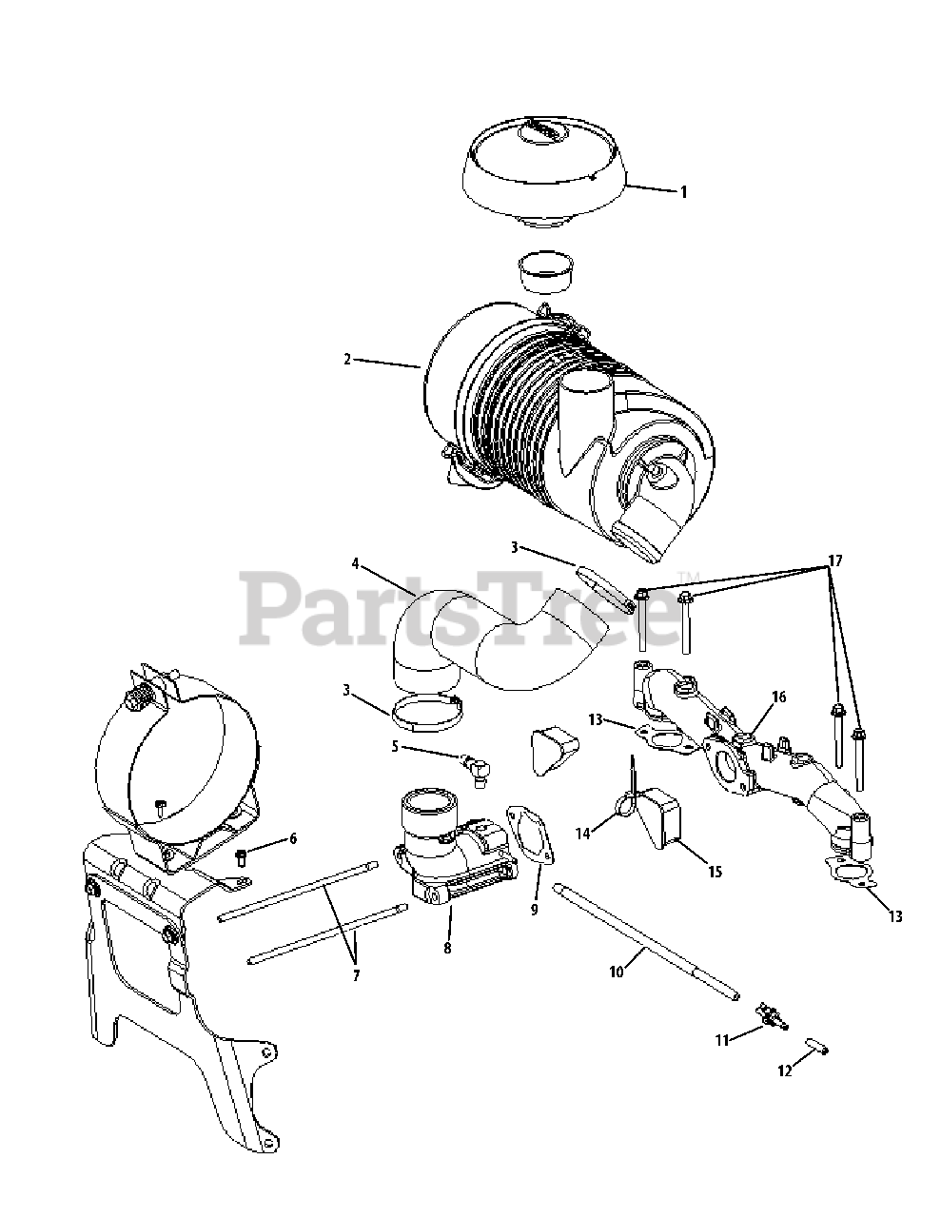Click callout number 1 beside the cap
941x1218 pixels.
[683, 192]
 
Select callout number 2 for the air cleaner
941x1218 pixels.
[347, 359]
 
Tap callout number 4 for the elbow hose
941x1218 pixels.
[355, 563]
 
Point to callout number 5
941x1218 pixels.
[395, 747]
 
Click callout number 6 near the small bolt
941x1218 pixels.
[292, 839]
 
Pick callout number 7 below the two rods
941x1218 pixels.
[356, 975]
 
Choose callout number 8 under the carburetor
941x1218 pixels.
[447, 949]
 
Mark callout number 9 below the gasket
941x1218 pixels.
[534, 909]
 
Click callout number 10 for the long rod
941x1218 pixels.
[617, 972]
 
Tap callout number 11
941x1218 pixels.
[722, 1040]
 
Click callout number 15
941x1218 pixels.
[716, 872]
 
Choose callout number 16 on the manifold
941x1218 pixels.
[779, 697]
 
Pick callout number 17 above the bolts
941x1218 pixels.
[835, 561]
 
